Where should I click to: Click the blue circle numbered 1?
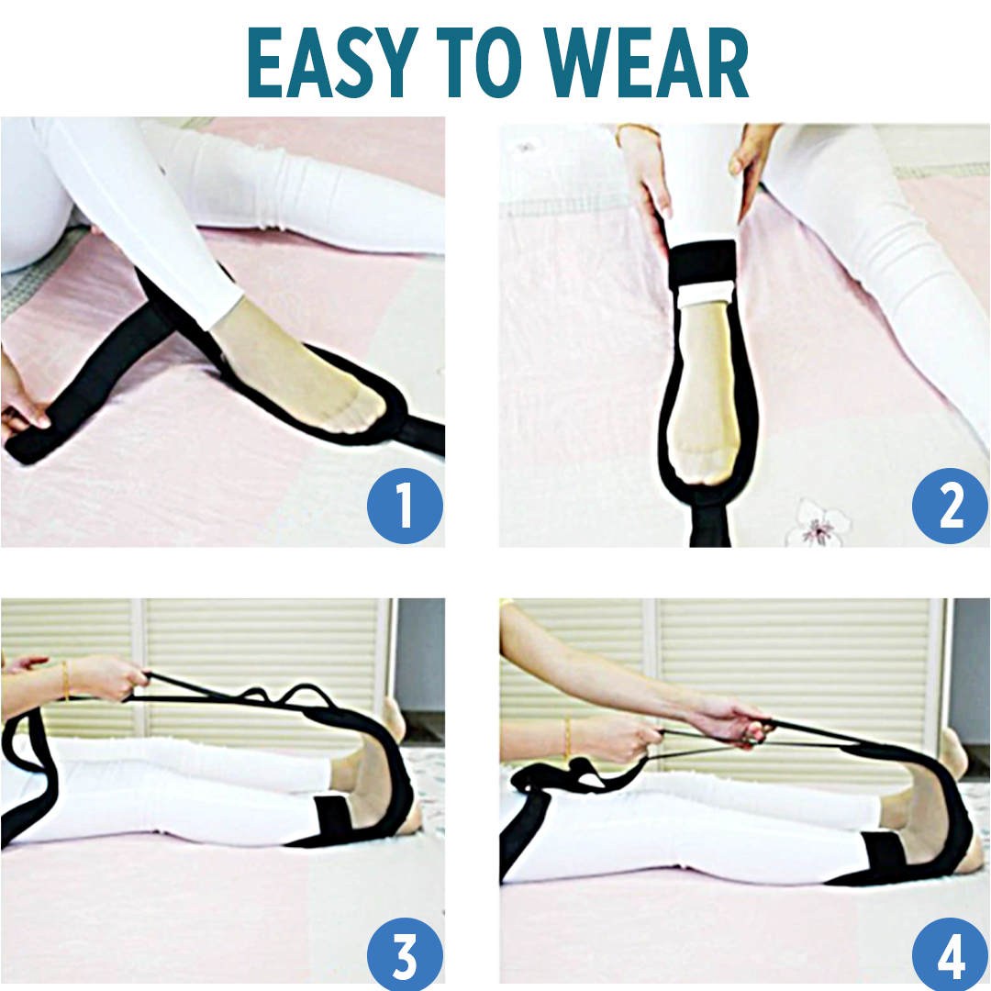(x=405, y=504)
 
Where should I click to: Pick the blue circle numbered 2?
(x=950, y=504)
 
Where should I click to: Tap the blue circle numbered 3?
(x=405, y=954)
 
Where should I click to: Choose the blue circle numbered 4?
(x=950, y=954)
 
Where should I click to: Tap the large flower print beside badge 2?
(x=819, y=524)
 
